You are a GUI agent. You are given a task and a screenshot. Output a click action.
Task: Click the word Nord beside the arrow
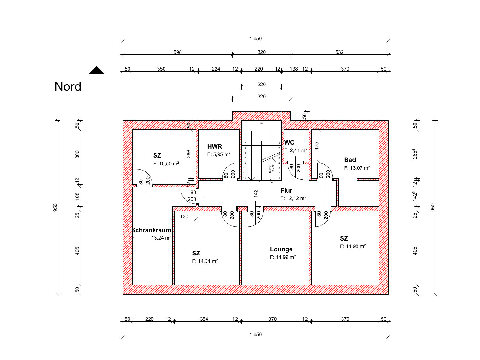tap(68, 87)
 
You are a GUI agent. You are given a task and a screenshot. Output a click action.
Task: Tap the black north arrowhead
tap(97, 71)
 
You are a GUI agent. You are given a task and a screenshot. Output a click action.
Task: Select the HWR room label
tap(215, 146)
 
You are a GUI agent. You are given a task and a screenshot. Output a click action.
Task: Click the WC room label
tap(289, 143)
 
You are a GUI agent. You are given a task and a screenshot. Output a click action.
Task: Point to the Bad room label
tap(350, 160)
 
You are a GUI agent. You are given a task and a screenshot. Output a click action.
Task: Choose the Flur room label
tap(286, 191)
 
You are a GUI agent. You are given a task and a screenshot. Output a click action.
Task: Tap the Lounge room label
tap(281, 249)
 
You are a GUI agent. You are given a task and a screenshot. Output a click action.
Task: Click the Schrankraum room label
tap(151, 230)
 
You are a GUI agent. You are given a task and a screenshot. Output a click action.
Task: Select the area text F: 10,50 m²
tap(166, 163)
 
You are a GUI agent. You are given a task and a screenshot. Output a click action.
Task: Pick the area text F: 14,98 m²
tap(353, 246)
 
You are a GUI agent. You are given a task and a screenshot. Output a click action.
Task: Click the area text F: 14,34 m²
tap(205, 261)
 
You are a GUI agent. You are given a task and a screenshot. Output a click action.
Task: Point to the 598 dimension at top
tap(177, 52)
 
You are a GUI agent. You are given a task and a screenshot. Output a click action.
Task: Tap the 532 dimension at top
tap(339, 52)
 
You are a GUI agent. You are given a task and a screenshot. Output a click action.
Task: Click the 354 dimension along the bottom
tap(204, 319)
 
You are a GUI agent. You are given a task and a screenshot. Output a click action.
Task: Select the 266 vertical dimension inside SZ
tap(189, 154)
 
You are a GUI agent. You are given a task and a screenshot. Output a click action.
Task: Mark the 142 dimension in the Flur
tap(256, 193)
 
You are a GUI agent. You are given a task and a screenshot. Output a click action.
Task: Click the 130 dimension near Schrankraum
tap(184, 217)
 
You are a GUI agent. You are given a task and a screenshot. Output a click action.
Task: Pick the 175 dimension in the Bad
tap(316, 146)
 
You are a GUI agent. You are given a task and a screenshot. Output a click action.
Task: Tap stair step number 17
tap(245, 178)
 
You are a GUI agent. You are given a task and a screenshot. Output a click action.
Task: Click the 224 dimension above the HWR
tap(216, 69)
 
